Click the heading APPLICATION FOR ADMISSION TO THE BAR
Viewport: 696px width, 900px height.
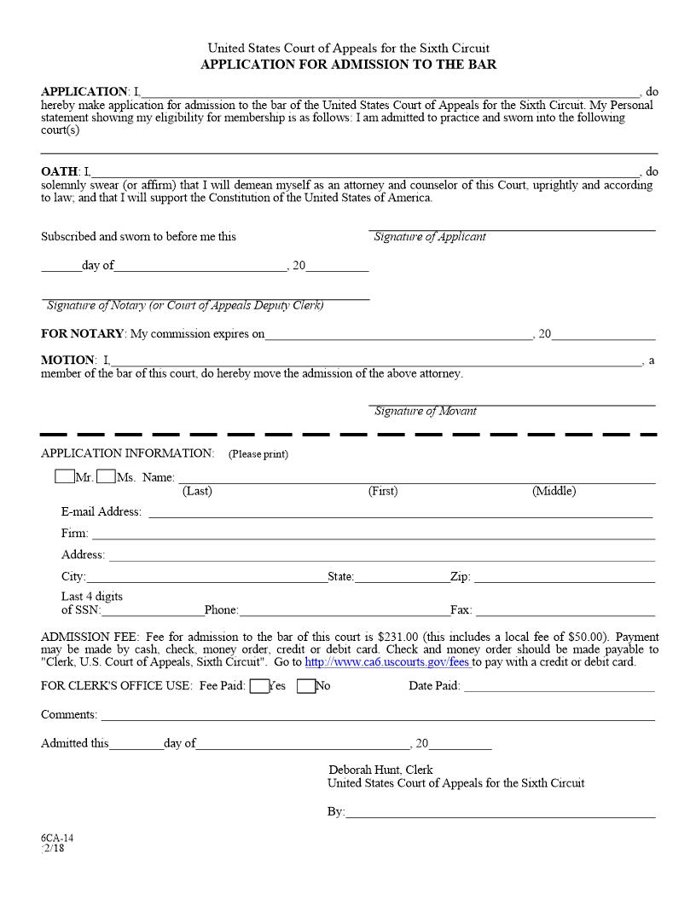(x=348, y=65)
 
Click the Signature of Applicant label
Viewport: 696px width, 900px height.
(x=430, y=237)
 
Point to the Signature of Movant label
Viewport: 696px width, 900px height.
(x=425, y=412)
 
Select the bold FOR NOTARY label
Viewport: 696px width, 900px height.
(x=83, y=334)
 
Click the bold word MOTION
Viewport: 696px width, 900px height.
(x=67, y=361)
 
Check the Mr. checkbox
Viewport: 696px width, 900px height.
(x=64, y=477)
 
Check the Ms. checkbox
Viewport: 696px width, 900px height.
(x=106, y=477)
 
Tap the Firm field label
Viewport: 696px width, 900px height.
(x=74, y=534)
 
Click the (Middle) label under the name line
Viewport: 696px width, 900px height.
(x=554, y=491)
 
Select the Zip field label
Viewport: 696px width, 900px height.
(x=460, y=577)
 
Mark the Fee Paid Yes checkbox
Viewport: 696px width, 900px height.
(x=259, y=686)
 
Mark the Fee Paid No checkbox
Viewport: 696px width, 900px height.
(x=306, y=686)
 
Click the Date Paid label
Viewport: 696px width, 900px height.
(x=434, y=686)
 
